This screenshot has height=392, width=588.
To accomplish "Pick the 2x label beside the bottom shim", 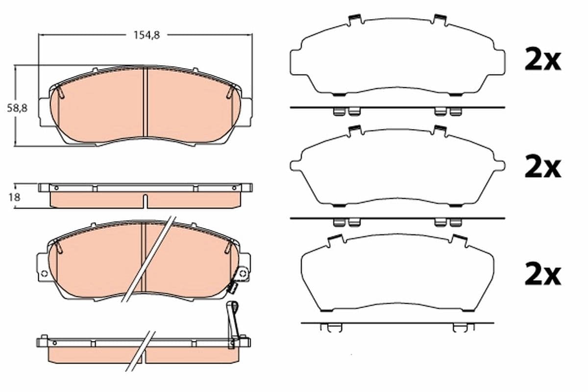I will pyautogui.click(x=542, y=275).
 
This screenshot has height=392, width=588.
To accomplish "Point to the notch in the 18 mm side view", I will pyautogui.click(x=146, y=200).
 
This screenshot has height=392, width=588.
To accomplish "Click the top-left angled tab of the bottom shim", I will pyautogui.click(x=335, y=238).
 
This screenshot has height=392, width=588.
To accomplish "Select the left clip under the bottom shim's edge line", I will pyautogui.click(x=327, y=327).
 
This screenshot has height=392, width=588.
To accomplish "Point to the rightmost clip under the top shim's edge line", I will pyautogui.click(x=456, y=112).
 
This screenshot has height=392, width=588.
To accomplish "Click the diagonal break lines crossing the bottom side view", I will pyautogui.click(x=141, y=350).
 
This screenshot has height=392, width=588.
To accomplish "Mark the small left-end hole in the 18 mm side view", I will pyautogui.click(x=55, y=188).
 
